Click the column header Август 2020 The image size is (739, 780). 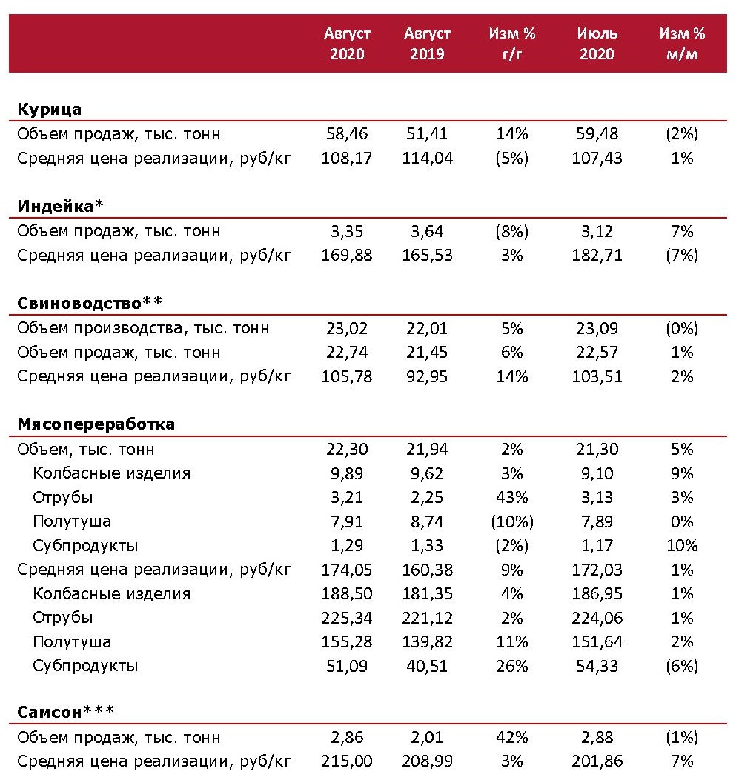(x=347, y=44)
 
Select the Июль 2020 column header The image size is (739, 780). (x=597, y=44)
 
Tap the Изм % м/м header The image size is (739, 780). (x=681, y=44)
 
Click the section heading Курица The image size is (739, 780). (x=49, y=110)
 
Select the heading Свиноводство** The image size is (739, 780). (x=89, y=303)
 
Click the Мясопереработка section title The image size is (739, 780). (x=96, y=424)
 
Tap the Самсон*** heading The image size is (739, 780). (x=65, y=713)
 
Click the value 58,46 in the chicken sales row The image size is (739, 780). (x=347, y=134)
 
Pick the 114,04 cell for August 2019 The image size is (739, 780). (x=427, y=159)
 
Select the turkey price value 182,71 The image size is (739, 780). (x=597, y=256)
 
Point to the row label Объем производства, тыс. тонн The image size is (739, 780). (x=143, y=328)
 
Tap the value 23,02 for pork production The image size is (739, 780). (x=347, y=328)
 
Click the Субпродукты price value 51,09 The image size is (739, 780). (x=347, y=666)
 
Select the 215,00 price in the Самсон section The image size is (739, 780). (x=347, y=761)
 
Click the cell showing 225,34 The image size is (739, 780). (x=347, y=618)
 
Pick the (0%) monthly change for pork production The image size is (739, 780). (x=681, y=328)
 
